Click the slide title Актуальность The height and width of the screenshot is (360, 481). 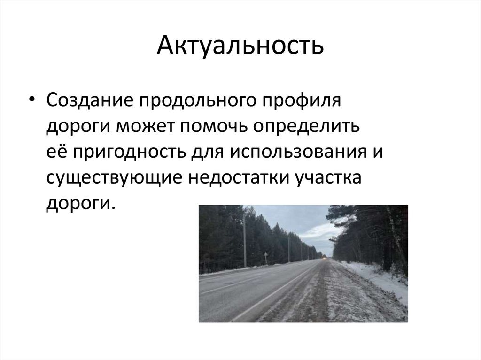[x=240, y=45]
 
